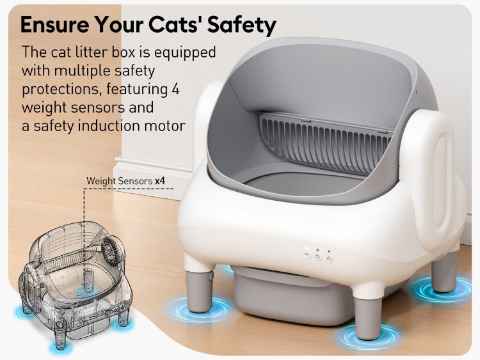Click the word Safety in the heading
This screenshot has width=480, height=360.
click(242, 25)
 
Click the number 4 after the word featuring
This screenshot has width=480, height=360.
click(175, 89)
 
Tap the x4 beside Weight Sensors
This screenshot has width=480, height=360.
click(160, 181)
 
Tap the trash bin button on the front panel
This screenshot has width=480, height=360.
click(318, 257)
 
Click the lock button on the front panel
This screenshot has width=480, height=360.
click(329, 258)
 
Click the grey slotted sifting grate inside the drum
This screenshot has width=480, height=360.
click(324, 143)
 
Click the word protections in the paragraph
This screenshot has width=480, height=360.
click(61, 90)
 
